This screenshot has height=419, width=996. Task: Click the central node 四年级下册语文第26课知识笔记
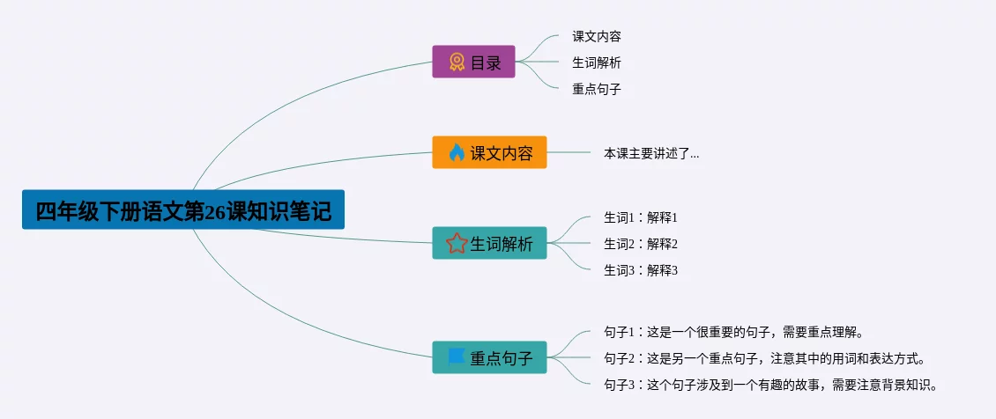click(x=182, y=211)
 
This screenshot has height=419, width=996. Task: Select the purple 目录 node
click(x=473, y=62)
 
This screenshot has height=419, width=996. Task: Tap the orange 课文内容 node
click(x=489, y=152)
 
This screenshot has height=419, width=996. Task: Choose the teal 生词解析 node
click(x=489, y=243)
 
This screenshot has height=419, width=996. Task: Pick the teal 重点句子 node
click(x=489, y=357)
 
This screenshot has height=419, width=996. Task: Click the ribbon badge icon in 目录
click(x=457, y=62)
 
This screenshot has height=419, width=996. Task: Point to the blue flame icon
click(x=456, y=152)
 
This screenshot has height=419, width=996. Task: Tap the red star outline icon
click(x=457, y=243)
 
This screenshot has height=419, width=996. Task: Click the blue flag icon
click(x=456, y=357)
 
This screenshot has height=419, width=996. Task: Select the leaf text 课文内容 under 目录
click(x=597, y=37)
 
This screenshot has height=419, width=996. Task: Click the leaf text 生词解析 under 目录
click(x=597, y=62)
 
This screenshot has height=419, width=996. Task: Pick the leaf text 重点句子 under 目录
click(x=597, y=89)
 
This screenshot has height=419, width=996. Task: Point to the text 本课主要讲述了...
click(x=650, y=153)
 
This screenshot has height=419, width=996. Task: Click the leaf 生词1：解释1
click(x=640, y=217)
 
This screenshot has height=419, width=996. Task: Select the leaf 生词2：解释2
click(x=640, y=244)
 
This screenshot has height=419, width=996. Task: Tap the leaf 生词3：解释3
click(x=640, y=270)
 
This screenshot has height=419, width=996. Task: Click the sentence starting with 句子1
click(x=732, y=332)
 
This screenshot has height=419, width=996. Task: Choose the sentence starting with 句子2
click(x=763, y=358)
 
